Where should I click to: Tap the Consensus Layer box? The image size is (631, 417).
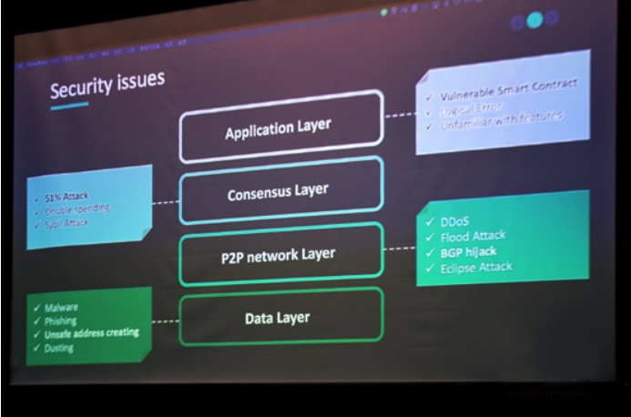click(279, 190)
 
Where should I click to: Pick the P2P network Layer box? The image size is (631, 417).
click(278, 253)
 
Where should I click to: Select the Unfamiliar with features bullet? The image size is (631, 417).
click(504, 118)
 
